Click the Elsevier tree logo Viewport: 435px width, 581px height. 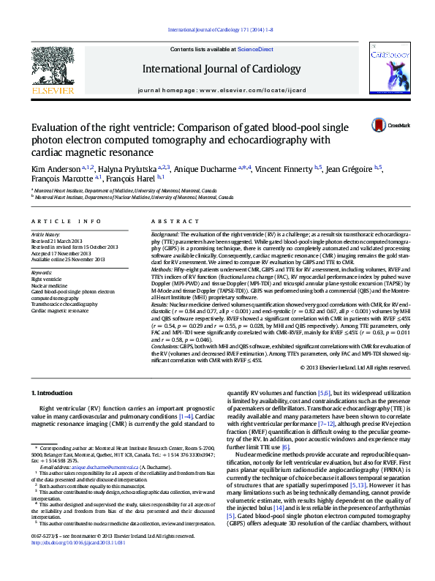coord(52,67)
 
